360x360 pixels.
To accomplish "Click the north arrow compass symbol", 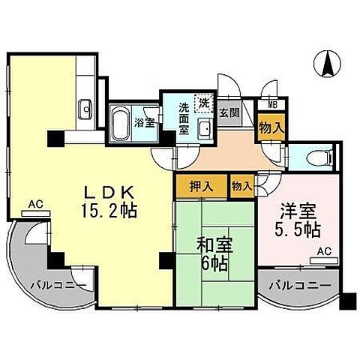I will click(x=328, y=64).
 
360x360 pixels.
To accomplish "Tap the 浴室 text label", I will click(x=145, y=121).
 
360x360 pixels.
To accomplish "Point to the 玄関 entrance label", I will click(x=230, y=113).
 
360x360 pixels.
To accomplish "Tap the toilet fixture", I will click(x=316, y=157).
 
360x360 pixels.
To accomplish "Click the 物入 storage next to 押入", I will click(x=241, y=184).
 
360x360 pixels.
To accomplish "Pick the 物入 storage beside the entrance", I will click(x=271, y=127).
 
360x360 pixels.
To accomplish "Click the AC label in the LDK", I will click(x=34, y=204).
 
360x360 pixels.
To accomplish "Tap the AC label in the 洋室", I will click(x=325, y=252).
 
